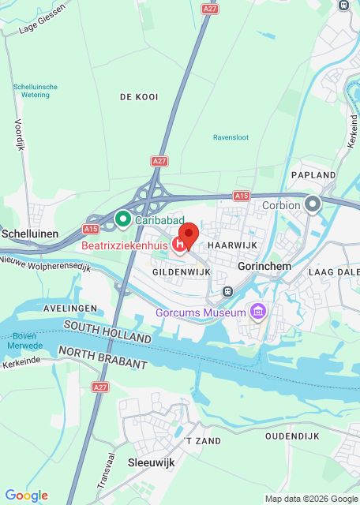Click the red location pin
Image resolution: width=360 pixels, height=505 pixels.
click(188, 235)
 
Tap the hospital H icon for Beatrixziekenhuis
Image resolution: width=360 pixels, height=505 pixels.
click(180, 245)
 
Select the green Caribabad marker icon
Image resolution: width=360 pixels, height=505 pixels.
click(122, 218)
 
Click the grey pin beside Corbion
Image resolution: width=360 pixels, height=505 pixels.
click(313, 205)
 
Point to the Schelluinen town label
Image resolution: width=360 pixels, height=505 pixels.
click(31, 234)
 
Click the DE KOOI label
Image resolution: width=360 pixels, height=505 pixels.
click(139, 97)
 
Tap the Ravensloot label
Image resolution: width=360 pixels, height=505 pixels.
click(231, 137)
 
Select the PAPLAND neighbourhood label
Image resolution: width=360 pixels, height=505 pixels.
click(313, 174)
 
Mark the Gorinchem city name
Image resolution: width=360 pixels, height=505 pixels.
click(264, 267)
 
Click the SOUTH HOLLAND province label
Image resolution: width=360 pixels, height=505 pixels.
click(107, 331)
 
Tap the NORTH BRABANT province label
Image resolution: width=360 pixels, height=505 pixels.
click(103, 357)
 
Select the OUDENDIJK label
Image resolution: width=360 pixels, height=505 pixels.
click(292, 436)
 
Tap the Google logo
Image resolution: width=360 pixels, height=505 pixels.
click(26, 495)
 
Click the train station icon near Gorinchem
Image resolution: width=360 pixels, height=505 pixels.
click(227, 290)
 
